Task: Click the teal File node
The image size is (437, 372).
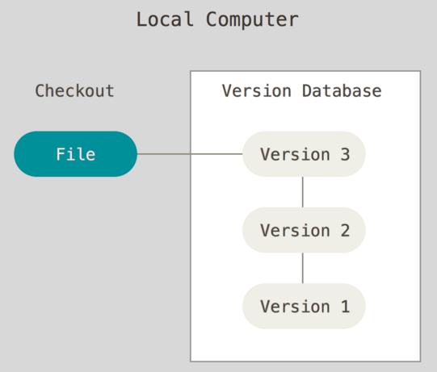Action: (76, 154)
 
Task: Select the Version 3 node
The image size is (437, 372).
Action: (304, 154)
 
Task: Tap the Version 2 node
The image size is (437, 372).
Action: (304, 230)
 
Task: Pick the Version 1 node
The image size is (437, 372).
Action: (304, 306)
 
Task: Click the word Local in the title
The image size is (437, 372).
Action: (165, 19)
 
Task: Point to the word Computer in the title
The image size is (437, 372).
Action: (252, 19)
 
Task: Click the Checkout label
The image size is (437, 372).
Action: (74, 90)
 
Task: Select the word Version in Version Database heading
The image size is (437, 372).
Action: (257, 90)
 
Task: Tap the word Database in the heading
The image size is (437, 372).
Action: (342, 90)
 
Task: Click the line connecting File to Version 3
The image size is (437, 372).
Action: (190, 153)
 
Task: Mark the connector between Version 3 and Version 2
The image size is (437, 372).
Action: (303, 192)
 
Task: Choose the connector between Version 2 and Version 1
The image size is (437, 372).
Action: (303, 268)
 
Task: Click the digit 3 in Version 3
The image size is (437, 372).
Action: (345, 154)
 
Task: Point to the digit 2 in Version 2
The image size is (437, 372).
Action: (345, 230)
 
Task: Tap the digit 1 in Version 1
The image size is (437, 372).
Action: (345, 307)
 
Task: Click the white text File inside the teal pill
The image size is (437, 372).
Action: (76, 154)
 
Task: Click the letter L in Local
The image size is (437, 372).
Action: (141, 19)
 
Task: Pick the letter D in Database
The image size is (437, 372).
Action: (308, 91)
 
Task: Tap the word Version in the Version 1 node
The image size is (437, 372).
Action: (295, 307)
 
